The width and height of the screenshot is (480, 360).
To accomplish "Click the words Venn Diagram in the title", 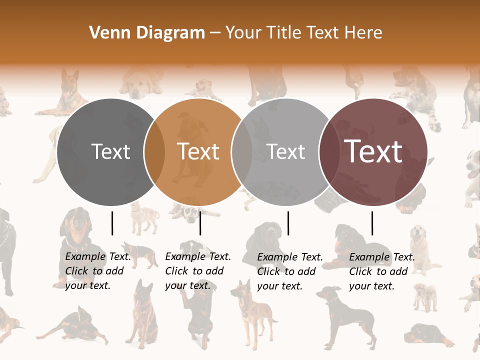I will (x=147, y=33).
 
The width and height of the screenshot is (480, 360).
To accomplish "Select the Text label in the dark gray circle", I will (x=110, y=151).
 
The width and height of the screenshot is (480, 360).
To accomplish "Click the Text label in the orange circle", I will (x=198, y=151).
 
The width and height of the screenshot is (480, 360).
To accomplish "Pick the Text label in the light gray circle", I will (x=286, y=151).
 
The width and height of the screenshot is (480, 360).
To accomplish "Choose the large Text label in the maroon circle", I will (x=373, y=151).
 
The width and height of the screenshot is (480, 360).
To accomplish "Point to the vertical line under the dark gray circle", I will (x=112, y=223).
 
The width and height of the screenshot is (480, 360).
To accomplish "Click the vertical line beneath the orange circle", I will (x=200, y=223).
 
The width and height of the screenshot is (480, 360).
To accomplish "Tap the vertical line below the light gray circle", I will (x=288, y=223).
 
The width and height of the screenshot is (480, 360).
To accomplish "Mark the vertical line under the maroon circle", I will (x=372, y=223).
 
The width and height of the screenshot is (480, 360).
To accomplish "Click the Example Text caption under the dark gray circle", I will (x=97, y=271).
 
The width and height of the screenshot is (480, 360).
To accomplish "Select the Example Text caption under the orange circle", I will (x=197, y=271).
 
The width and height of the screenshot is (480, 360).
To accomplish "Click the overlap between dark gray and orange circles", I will (x=154, y=152).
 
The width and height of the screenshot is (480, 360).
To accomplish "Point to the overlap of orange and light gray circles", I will (x=242, y=152).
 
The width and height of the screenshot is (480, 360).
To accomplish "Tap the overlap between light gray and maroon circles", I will (x=328, y=152).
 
